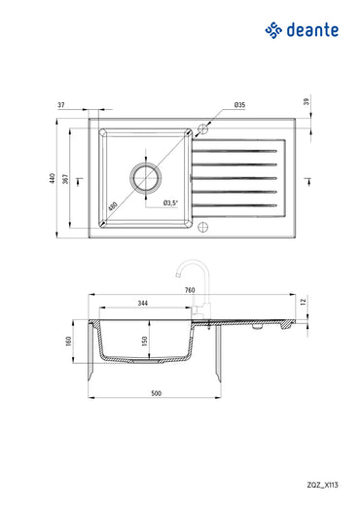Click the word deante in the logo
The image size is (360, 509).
pyautogui.click(x=313, y=31)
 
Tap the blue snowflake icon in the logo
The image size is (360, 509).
pyautogui.click(x=274, y=31)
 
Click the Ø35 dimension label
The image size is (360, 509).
pyautogui.click(x=238, y=104)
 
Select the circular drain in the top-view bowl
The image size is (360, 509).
pyautogui.click(x=146, y=178)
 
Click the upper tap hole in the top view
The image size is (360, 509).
pyautogui.click(x=204, y=127)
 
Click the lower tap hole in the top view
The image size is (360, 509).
pyautogui.click(x=204, y=229)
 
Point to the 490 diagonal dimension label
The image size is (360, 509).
pyautogui.click(x=114, y=206)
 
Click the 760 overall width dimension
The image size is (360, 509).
pyautogui.click(x=191, y=290)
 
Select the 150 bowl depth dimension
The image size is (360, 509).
pyautogui.click(x=145, y=342)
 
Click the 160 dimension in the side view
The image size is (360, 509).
pyautogui.click(x=69, y=343)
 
